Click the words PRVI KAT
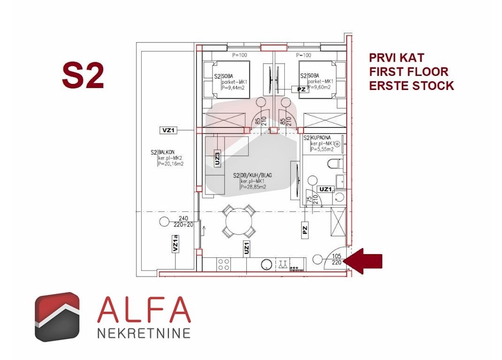[x=397, y=58]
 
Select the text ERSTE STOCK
[x=411, y=85]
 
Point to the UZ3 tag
[x=217, y=159]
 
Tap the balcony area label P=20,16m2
[x=171, y=164]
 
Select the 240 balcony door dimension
[x=183, y=218]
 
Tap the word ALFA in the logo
[x=144, y=310]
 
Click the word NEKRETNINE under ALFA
[x=144, y=333]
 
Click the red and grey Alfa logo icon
[x=57, y=317]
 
